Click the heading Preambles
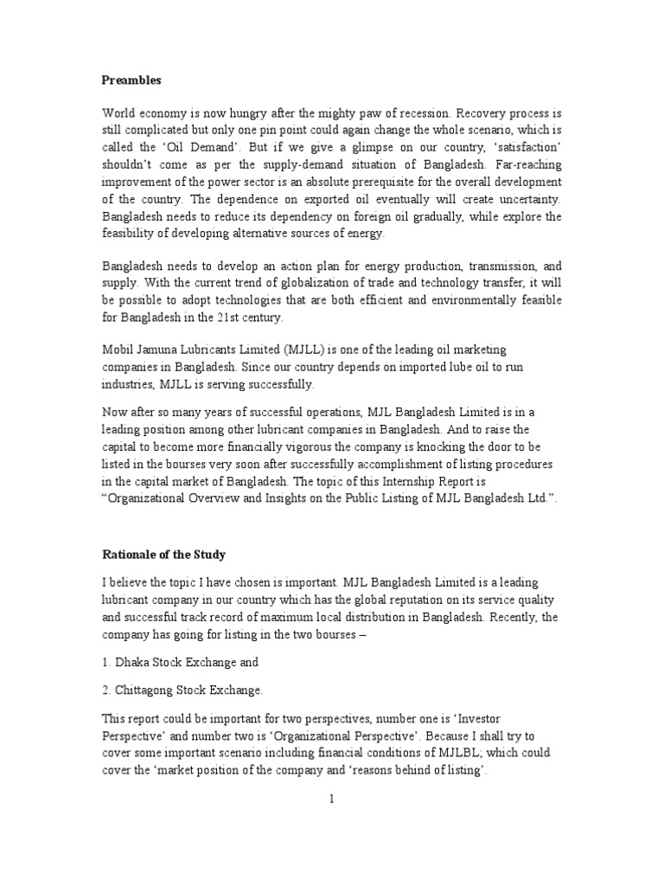tap(132, 80)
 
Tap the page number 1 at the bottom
tap(330, 799)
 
